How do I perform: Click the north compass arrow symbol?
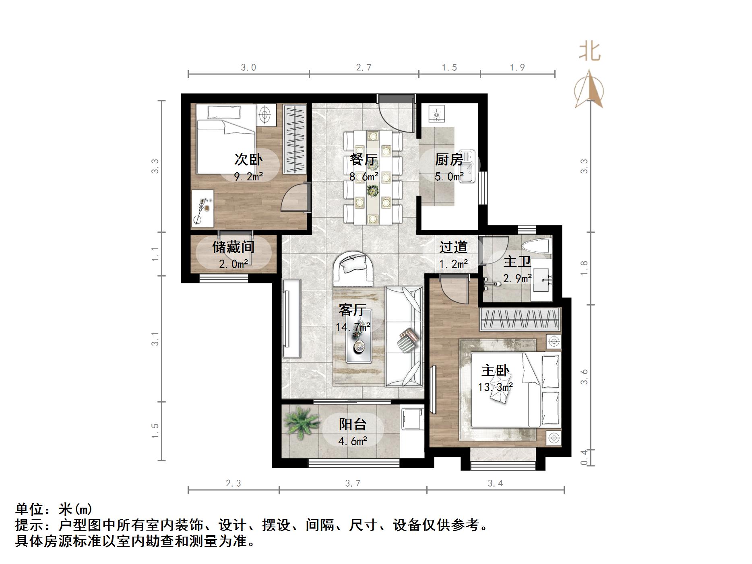click(589, 89)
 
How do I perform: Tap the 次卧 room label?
click(248, 160)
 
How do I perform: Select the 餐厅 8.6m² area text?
click(364, 176)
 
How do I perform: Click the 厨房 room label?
click(449, 160)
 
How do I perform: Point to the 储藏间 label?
click(233, 247)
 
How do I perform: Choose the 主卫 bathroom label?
click(517, 262)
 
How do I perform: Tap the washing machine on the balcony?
click(412, 419)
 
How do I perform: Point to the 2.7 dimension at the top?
click(364, 67)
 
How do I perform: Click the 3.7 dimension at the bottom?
click(353, 483)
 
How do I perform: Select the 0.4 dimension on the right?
click(585, 457)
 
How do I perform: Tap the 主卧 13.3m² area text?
click(495, 387)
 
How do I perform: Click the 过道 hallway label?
click(453, 247)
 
